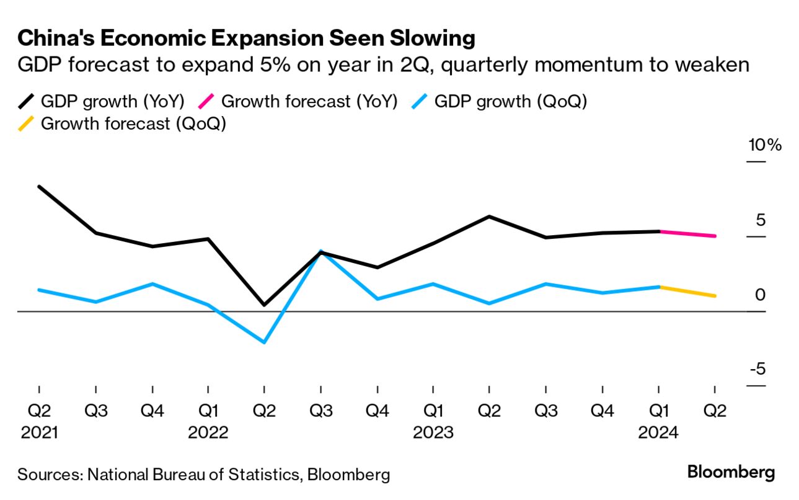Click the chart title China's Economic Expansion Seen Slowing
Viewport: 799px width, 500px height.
coord(246,38)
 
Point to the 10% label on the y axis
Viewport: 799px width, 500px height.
coord(765,146)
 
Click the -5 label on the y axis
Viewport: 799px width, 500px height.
coord(757,369)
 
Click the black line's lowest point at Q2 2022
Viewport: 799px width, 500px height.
coord(264,305)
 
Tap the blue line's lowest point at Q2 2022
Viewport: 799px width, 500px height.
coord(264,342)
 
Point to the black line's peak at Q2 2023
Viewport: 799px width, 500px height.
coord(489,217)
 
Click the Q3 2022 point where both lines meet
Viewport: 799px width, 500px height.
coord(320,252)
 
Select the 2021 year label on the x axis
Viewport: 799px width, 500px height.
coord(39,432)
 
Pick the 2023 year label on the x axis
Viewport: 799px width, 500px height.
coord(433,432)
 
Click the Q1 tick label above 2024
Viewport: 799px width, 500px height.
coord(658,411)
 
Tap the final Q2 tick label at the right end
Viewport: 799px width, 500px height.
coord(715,411)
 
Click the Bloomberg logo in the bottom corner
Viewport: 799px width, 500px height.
coord(731,473)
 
